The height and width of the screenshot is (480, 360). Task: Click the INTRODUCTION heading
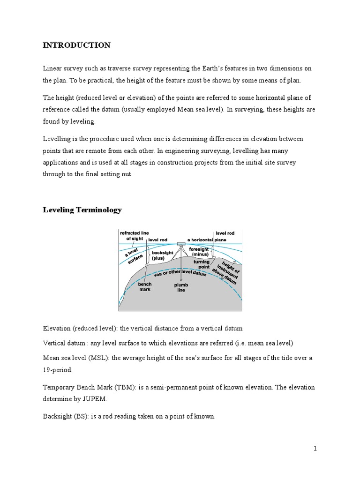pyautogui.click(x=77, y=45)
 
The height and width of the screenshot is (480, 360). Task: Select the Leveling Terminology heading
pyautogui.click(x=82, y=210)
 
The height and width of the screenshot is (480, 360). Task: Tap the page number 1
pyautogui.click(x=315, y=449)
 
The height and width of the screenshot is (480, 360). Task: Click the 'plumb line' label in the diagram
pyautogui.click(x=180, y=286)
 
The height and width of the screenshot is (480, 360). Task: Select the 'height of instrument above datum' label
pyautogui.click(x=228, y=272)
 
